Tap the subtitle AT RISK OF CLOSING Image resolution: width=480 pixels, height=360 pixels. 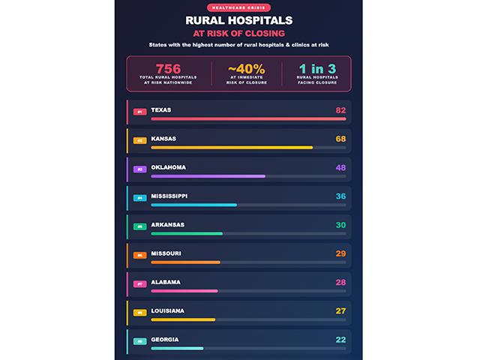(x=239, y=34)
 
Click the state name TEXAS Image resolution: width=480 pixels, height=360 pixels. (x=161, y=110)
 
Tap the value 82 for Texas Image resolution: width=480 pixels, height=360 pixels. (x=340, y=110)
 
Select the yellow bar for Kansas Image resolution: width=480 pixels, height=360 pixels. (x=232, y=147)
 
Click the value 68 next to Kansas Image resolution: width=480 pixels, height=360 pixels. (x=340, y=139)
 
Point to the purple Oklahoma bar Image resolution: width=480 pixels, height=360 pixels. (x=208, y=175)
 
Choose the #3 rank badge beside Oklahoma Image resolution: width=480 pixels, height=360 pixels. (x=139, y=169)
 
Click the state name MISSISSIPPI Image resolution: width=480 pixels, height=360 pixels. (x=169, y=196)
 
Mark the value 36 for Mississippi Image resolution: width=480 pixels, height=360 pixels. (x=340, y=196)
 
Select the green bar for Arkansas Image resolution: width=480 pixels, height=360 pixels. (x=187, y=233)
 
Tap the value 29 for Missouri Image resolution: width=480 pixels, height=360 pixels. (x=340, y=253)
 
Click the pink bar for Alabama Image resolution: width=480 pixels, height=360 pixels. (x=184, y=290)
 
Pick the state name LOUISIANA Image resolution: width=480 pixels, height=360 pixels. (x=167, y=310)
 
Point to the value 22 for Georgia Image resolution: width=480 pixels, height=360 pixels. (x=340, y=340)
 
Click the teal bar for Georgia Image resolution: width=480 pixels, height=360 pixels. (x=177, y=348)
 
